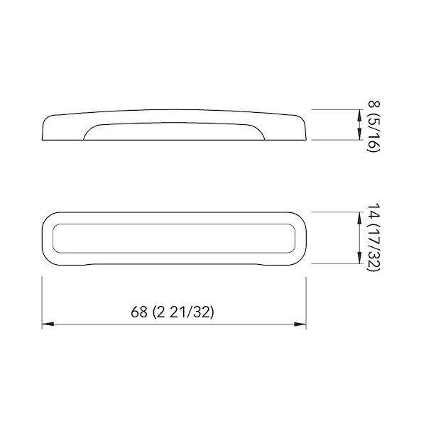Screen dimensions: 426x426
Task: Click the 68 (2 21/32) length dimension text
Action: (x=173, y=312)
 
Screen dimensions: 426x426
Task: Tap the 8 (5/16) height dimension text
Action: (x=373, y=126)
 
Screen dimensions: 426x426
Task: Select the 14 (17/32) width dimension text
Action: (x=373, y=237)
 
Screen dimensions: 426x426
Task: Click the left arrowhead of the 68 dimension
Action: (x=48, y=324)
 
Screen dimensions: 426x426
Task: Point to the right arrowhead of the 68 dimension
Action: (x=300, y=324)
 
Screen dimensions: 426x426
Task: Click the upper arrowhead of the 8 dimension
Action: (x=359, y=115)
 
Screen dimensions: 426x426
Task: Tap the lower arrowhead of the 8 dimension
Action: (x=359, y=134)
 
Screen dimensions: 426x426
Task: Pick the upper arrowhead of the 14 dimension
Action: (x=359, y=218)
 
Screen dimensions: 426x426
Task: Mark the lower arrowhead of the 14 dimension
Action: (x=359, y=258)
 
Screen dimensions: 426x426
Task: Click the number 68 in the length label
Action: (x=139, y=312)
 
